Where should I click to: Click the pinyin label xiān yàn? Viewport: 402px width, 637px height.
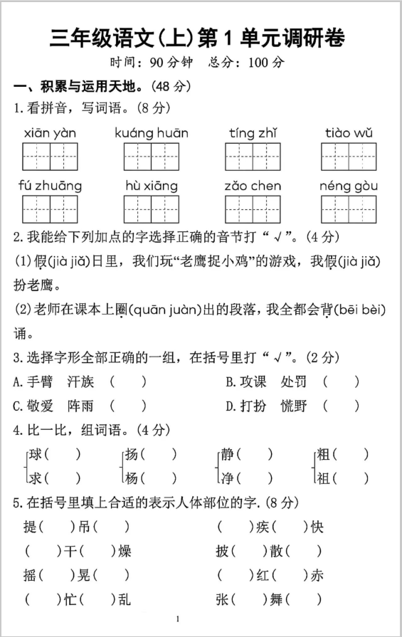50,133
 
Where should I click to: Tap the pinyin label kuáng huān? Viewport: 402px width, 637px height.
152,133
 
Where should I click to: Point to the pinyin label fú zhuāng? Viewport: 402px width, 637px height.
50,186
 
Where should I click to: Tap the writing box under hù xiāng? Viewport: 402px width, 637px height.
152,209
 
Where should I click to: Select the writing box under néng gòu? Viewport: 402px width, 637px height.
348,209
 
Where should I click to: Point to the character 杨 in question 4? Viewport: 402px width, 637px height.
131,478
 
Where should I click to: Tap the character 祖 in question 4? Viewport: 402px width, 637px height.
324,478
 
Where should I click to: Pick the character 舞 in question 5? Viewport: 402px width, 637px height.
277,599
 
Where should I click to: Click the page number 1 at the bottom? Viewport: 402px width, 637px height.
177,620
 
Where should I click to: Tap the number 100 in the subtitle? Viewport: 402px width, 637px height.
258,62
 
